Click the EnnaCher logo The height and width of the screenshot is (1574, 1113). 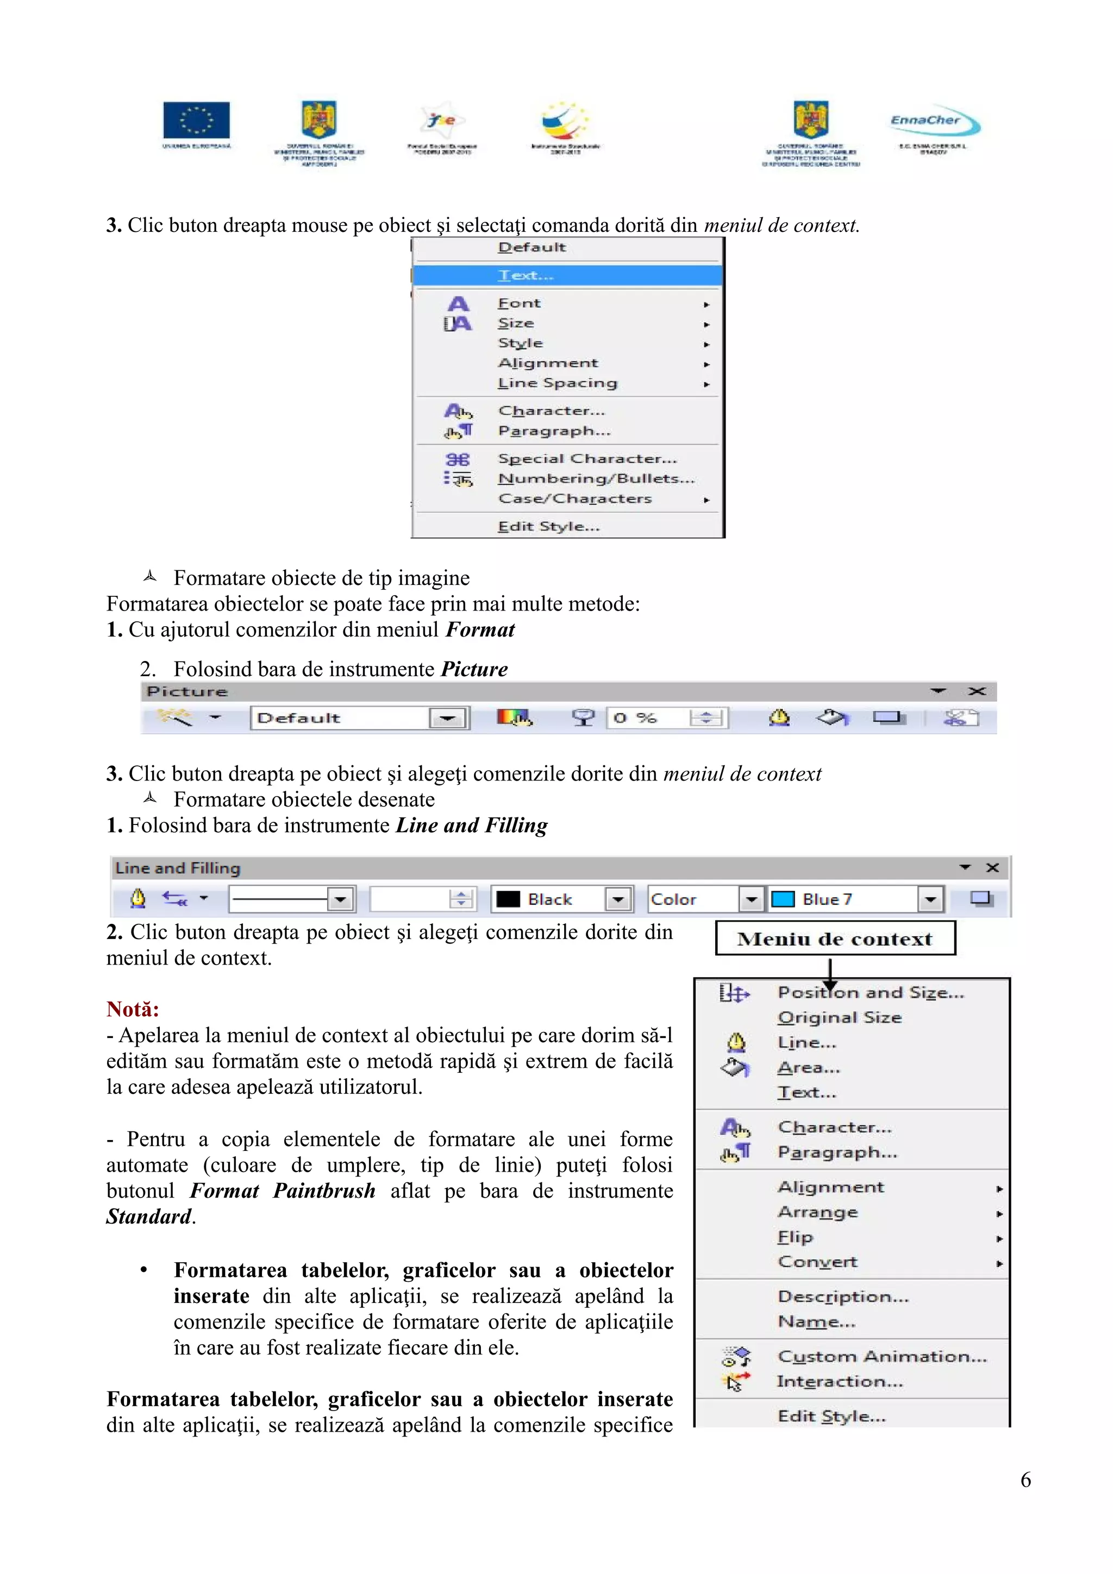[934, 123]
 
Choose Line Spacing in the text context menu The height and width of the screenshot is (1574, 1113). [557, 383]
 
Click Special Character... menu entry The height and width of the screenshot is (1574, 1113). [587, 458]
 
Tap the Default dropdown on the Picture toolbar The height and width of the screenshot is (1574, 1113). [359, 718]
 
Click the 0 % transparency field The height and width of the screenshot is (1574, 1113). [648, 718]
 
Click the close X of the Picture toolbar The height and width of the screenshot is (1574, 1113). [977, 691]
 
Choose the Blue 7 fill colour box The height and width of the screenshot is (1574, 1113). [854, 899]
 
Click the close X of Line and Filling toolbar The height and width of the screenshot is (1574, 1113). [992, 868]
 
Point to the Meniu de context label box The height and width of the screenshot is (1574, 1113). [835, 939]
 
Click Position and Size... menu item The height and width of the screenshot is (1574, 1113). [870, 993]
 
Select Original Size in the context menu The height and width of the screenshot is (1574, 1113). [840, 1017]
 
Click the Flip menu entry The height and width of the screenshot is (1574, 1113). [796, 1237]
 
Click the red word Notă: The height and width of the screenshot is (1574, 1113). [133, 1009]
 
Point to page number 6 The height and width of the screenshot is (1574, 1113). [1025, 1479]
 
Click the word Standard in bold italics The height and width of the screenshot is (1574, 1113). [149, 1216]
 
